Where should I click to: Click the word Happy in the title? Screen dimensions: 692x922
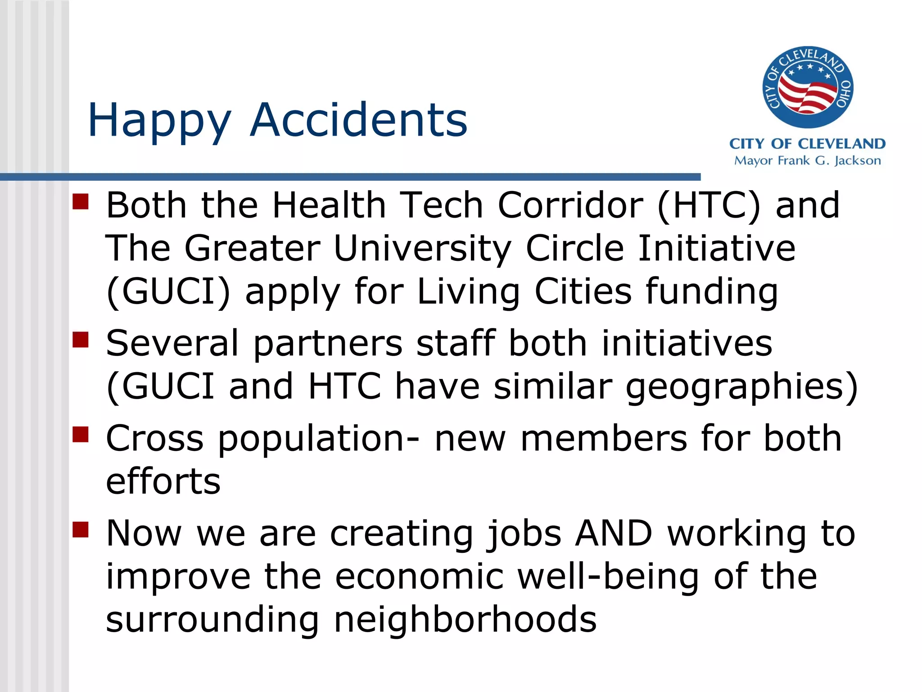[x=159, y=121]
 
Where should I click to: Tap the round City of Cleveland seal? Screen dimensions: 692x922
[x=807, y=87]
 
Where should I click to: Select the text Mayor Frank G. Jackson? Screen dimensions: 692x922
[x=807, y=161]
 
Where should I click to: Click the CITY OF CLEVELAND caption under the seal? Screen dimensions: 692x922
[x=807, y=144]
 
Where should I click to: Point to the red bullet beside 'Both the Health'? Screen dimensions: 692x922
[x=81, y=202]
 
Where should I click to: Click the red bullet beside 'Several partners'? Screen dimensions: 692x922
[x=81, y=340]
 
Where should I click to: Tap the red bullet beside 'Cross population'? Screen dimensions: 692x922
[x=81, y=435]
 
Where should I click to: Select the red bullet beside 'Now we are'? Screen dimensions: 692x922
[x=81, y=530]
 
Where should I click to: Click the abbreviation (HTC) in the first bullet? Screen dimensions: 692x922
[x=709, y=205]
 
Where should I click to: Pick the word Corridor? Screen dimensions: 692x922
[x=570, y=205]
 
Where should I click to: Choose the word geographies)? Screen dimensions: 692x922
[x=742, y=387]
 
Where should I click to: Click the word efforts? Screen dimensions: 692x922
[x=163, y=481]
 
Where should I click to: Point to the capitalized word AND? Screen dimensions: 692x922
[x=614, y=533]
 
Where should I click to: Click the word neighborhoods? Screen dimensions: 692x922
[x=465, y=620]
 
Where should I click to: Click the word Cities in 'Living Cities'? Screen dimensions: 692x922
[x=583, y=292]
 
